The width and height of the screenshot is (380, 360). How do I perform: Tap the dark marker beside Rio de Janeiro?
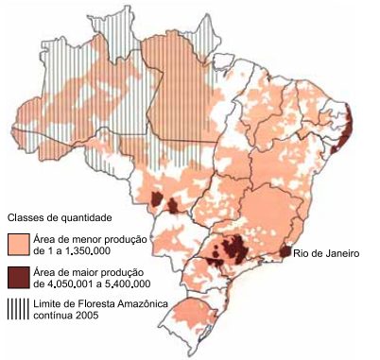[x=285, y=252]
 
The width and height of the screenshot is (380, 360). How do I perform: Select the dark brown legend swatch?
[x=17, y=276]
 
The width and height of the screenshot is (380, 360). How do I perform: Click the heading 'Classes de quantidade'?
[x=60, y=216]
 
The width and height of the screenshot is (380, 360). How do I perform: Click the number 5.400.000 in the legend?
[x=122, y=283]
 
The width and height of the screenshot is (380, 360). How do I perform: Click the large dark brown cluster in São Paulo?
[x=230, y=251]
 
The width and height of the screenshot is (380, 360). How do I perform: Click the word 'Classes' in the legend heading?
[x=27, y=216]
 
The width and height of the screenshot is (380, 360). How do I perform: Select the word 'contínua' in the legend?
[x=53, y=315]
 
